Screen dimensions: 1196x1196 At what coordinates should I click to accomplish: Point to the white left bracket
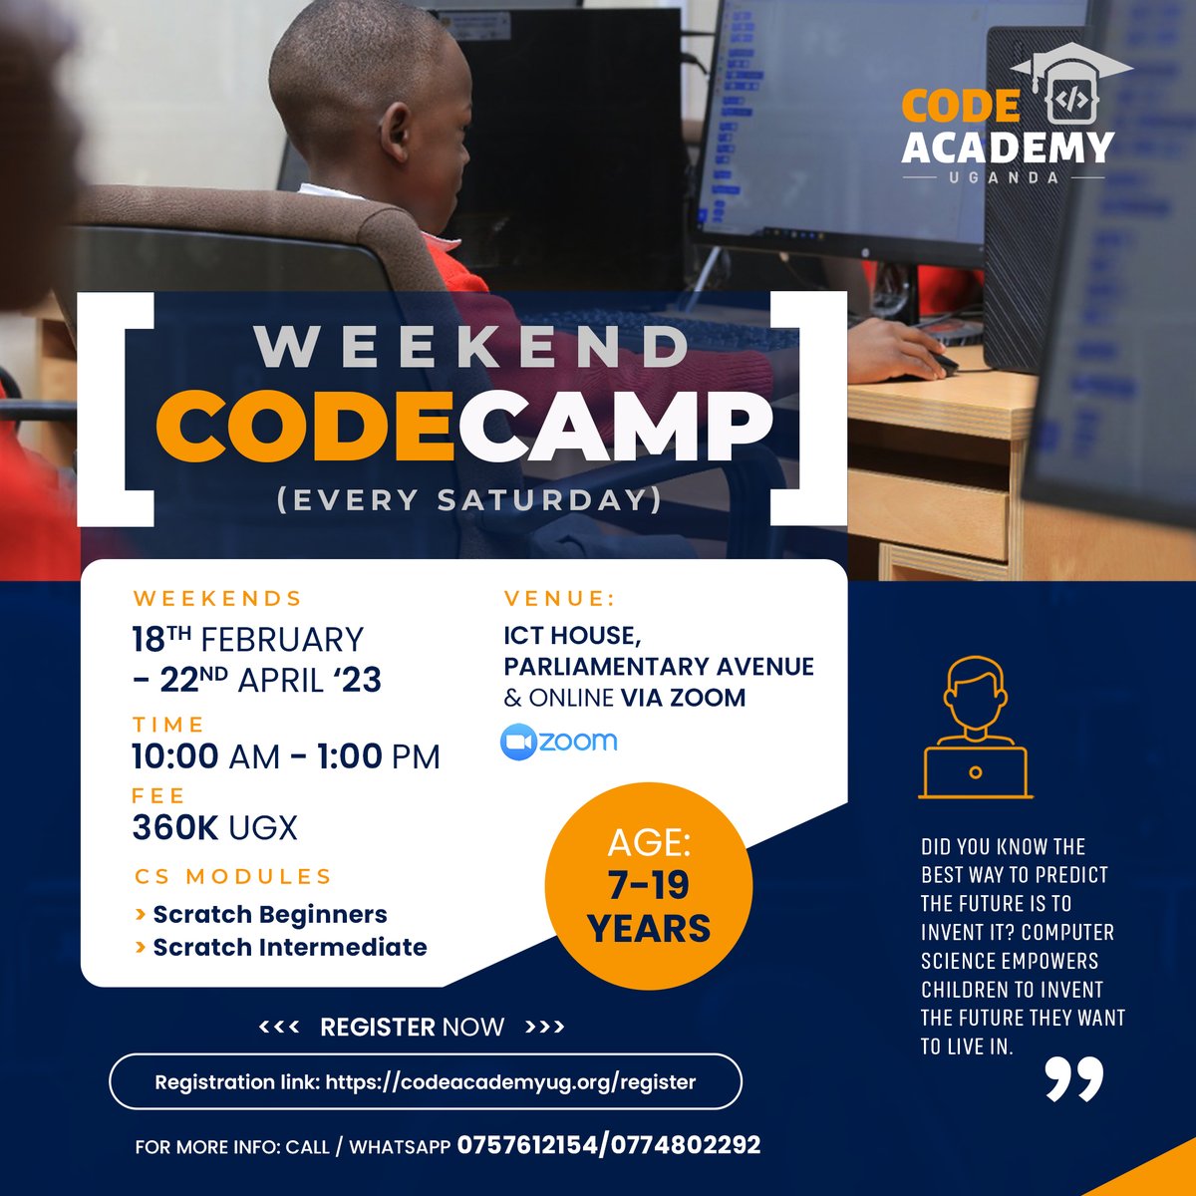125,409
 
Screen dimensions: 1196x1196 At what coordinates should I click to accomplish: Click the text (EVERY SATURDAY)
469,499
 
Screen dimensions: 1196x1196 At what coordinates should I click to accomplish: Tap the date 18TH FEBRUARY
248,640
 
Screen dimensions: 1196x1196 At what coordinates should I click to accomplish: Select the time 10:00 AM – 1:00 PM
286,756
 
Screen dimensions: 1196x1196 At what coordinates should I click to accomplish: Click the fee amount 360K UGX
214,827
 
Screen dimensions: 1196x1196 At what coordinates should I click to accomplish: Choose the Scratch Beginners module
269,914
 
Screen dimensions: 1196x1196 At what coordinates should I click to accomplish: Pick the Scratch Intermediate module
289,947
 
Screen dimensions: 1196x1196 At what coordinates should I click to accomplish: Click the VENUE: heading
559,599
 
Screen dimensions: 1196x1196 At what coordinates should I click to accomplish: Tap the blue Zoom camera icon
517,743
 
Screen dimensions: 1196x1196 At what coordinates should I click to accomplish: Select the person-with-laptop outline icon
975,728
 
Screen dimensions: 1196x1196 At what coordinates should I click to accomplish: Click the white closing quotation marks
1074,1078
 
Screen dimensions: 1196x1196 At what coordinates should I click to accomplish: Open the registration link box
426,1081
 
